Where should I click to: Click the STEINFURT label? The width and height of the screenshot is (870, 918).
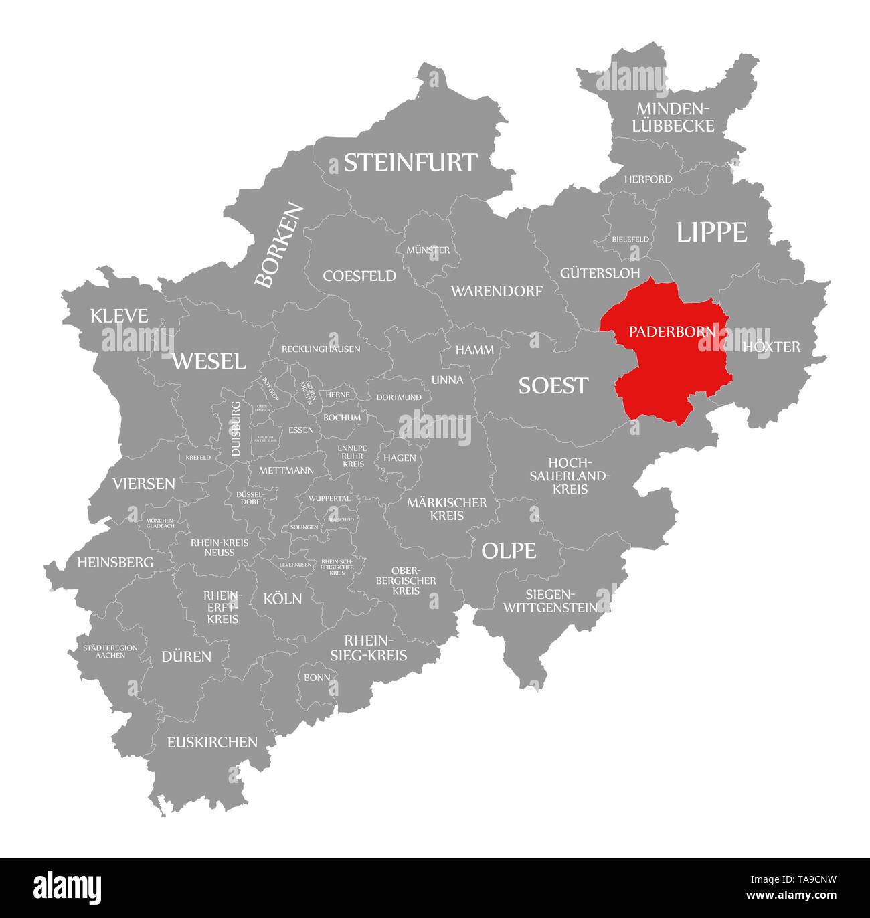(410, 163)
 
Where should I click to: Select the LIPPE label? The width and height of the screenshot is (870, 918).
(711, 232)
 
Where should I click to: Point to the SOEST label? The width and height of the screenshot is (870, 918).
(553, 385)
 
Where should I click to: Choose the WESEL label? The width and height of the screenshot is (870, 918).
(209, 361)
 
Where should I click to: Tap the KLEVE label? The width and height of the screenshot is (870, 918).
(119, 316)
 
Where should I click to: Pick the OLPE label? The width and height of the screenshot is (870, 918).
(509, 551)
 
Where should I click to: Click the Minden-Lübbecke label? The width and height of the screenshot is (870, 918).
(675, 117)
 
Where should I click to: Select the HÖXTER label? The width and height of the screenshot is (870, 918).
(771, 347)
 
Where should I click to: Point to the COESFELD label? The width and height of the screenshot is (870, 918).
(359, 276)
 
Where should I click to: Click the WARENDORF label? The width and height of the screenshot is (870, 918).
(496, 291)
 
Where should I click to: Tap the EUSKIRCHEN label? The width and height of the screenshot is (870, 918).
(212, 741)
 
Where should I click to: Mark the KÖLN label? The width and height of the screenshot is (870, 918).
(282, 598)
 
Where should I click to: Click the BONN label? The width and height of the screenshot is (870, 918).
(317, 678)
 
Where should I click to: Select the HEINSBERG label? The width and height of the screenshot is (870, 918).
(115, 562)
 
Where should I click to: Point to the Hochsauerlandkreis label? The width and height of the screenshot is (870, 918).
(570, 476)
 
